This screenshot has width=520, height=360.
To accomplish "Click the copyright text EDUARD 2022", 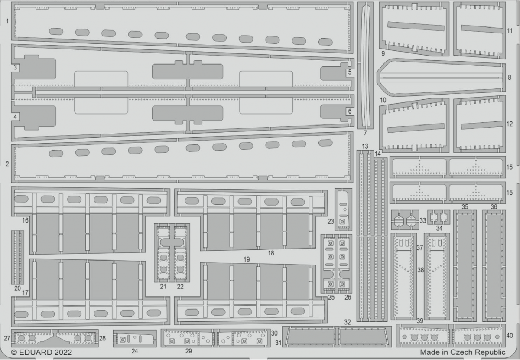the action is [42, 352].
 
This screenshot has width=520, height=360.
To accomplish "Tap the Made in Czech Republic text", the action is [463, 352].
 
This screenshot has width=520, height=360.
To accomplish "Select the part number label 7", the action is [365, 133].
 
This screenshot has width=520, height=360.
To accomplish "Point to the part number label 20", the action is [17, 288].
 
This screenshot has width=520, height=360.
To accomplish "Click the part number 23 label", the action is [331, 222].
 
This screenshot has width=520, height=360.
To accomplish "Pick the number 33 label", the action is [423, 220].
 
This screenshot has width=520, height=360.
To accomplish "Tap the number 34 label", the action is [439, 229].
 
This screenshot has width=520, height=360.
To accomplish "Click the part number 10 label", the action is [383, 100].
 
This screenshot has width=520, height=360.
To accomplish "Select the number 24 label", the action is [135, 351].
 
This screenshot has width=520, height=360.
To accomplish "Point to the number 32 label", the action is [347, 322].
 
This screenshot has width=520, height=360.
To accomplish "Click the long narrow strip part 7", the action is [365, 65].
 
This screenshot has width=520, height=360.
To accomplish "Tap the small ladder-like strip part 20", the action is [18, 257].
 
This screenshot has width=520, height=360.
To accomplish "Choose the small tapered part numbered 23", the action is [343, 209].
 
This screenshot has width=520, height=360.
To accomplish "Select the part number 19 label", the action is [247, 259].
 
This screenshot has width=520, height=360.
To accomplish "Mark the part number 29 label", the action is [188, 351].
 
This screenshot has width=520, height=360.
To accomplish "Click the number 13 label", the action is [365, 147].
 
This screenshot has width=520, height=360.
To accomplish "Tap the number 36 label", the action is [494, 207].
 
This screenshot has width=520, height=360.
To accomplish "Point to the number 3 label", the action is [15, 68].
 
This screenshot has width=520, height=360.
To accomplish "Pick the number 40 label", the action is [510, 336].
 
